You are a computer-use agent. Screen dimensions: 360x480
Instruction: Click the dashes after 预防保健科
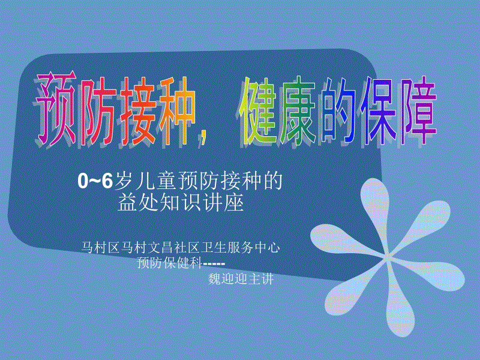(214, 263)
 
